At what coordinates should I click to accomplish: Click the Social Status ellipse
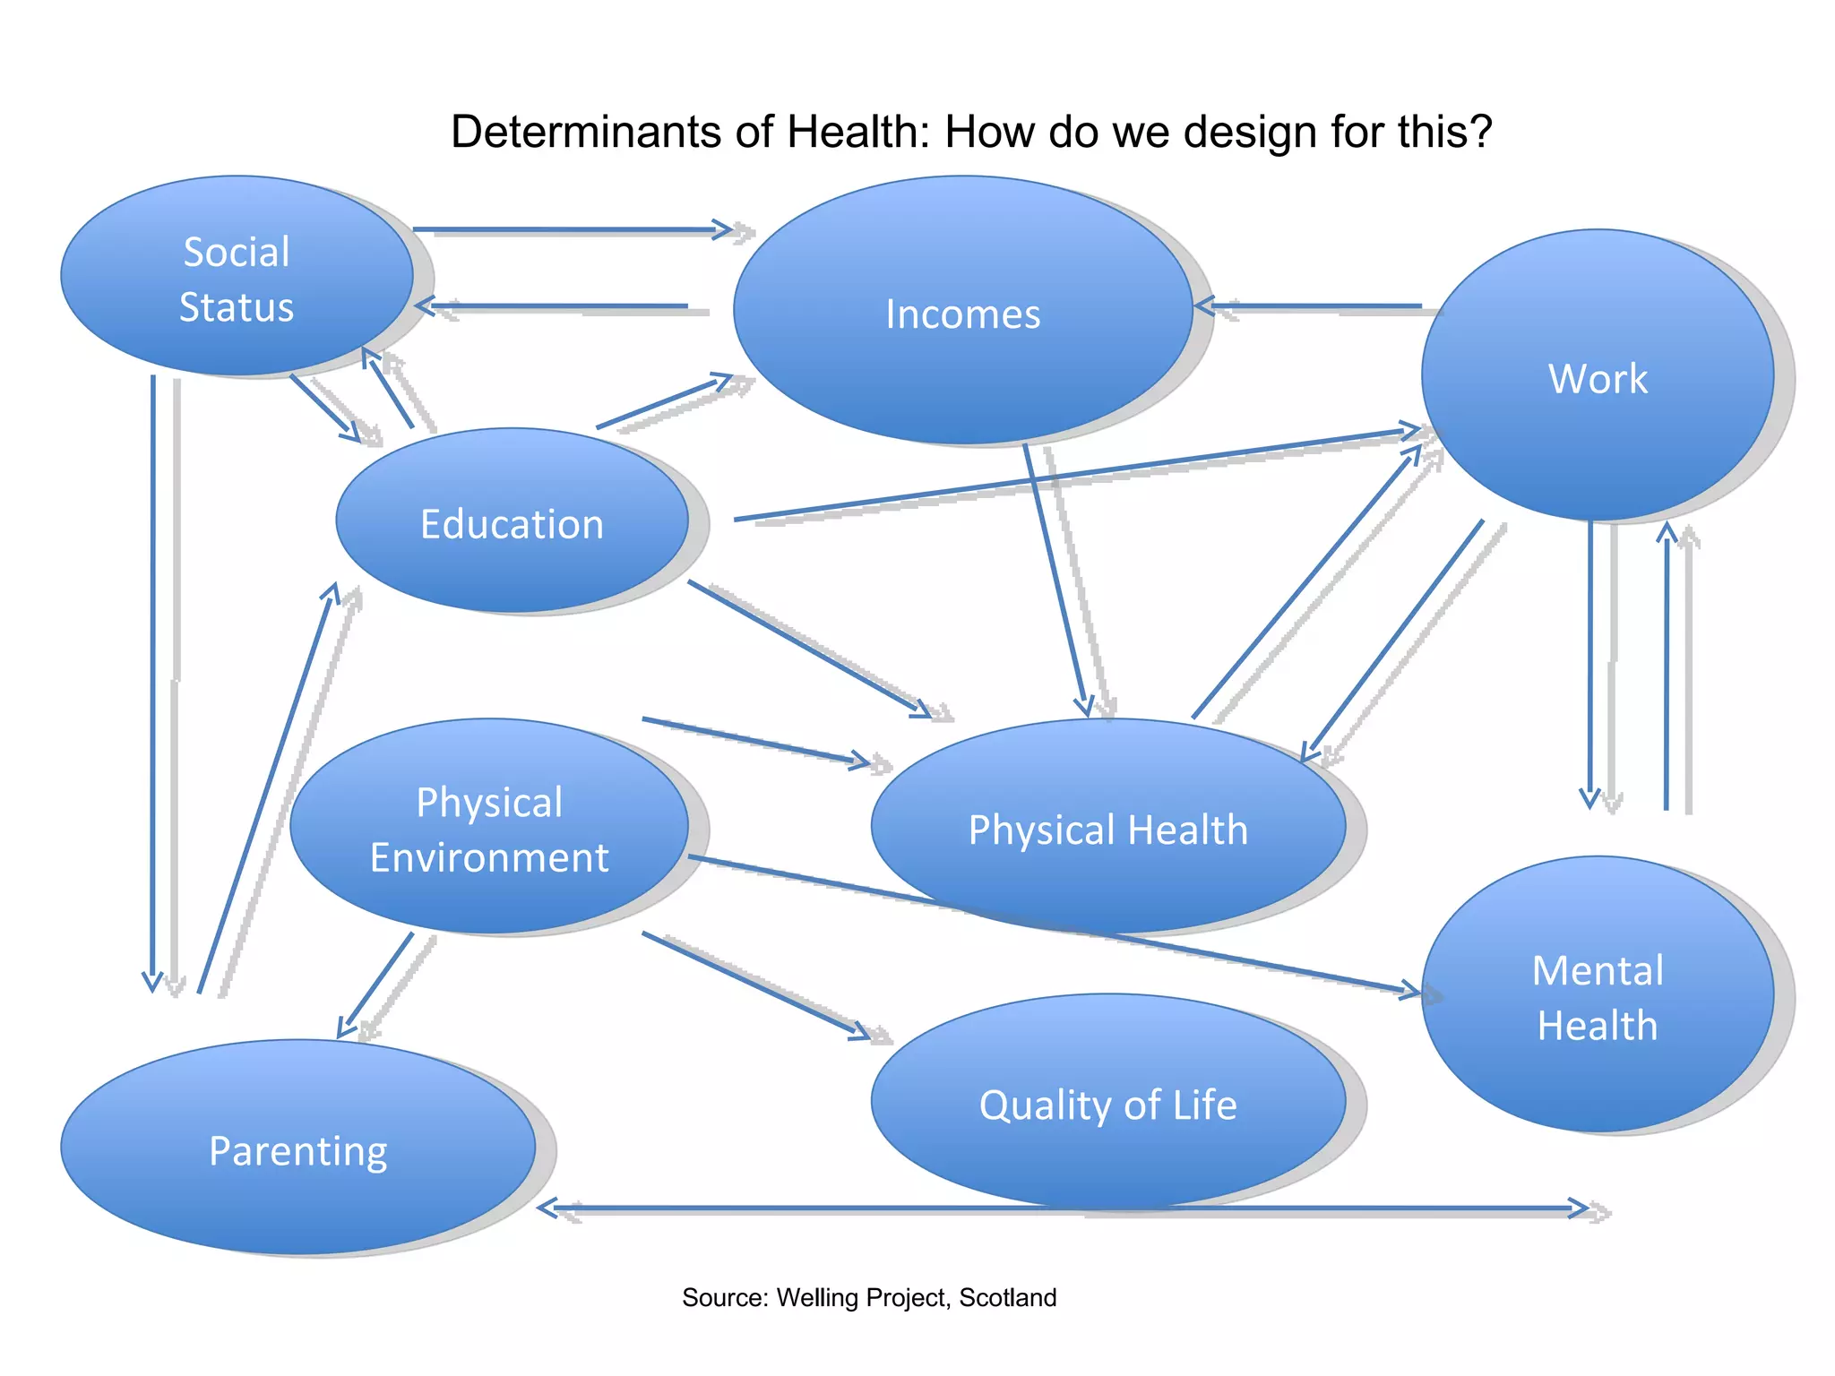click(237, 276)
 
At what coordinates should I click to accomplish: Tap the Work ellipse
click(1598, 375)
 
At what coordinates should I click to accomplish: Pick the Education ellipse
click(512, 520)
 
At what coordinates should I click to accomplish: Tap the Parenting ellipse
click(298, 1148)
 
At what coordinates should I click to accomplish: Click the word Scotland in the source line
click(1008, 1297)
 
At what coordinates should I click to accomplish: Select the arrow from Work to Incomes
click(1308, 306)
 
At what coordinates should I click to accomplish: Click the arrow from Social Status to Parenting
click(153, 681)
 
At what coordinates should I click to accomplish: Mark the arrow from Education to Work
click(1075, 476)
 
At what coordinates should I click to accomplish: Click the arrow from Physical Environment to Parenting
click(376, 985)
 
